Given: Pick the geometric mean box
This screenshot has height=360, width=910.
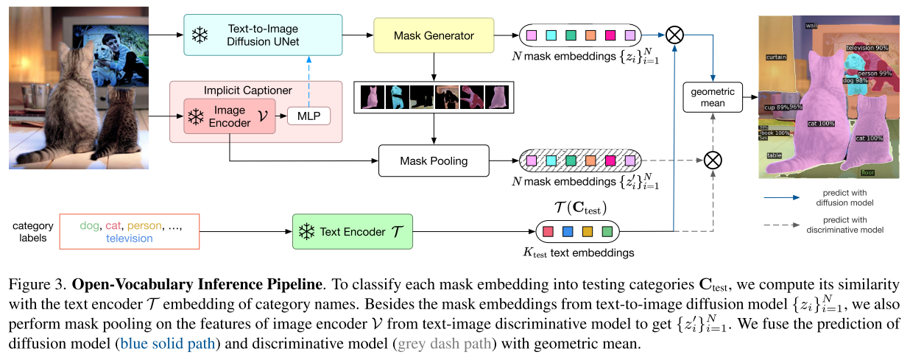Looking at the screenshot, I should (713, 97).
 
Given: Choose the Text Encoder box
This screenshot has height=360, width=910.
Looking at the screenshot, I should (353, 232).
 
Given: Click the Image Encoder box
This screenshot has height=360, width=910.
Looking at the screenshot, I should (230, 116).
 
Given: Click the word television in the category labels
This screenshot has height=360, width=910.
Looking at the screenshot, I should (129, 239).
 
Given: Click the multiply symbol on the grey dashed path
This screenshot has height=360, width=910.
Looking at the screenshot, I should (712, 159).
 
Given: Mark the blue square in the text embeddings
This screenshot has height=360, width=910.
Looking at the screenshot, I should (567, 233).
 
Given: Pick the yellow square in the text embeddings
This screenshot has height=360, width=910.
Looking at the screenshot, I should (587, 233).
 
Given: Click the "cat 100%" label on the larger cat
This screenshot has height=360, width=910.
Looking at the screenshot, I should (820, 124).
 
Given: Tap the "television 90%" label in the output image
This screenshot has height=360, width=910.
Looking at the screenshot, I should (867, 47).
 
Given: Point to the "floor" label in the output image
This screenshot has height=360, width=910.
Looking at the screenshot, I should (869, 173).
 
